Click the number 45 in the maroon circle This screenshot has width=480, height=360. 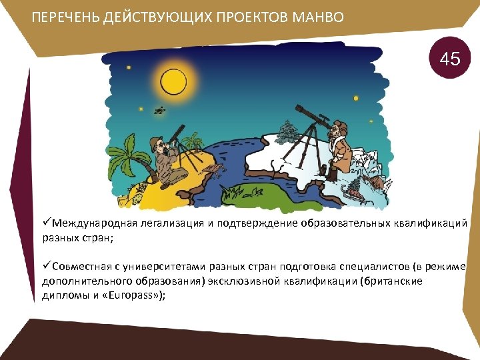click(450, 59)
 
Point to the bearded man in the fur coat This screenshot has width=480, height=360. click(341, 150)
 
